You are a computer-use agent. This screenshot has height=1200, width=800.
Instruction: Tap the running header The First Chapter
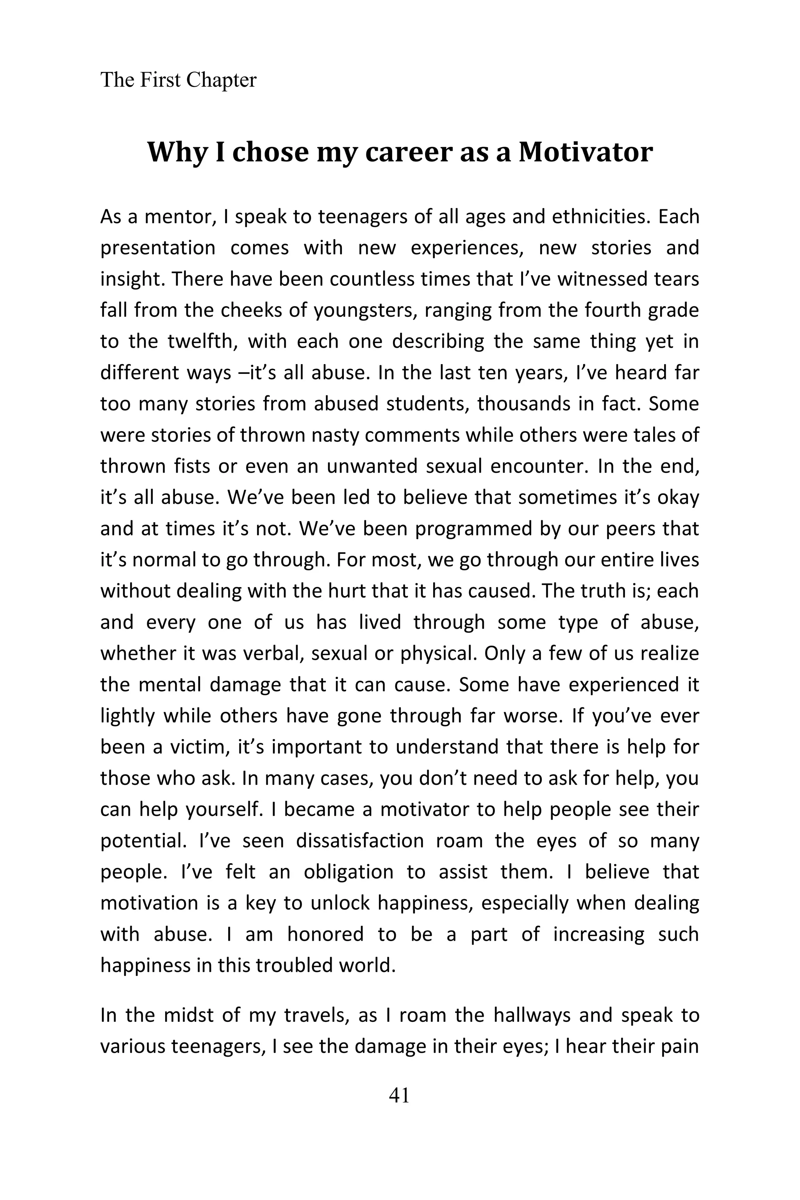click(x=178, y=80)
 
